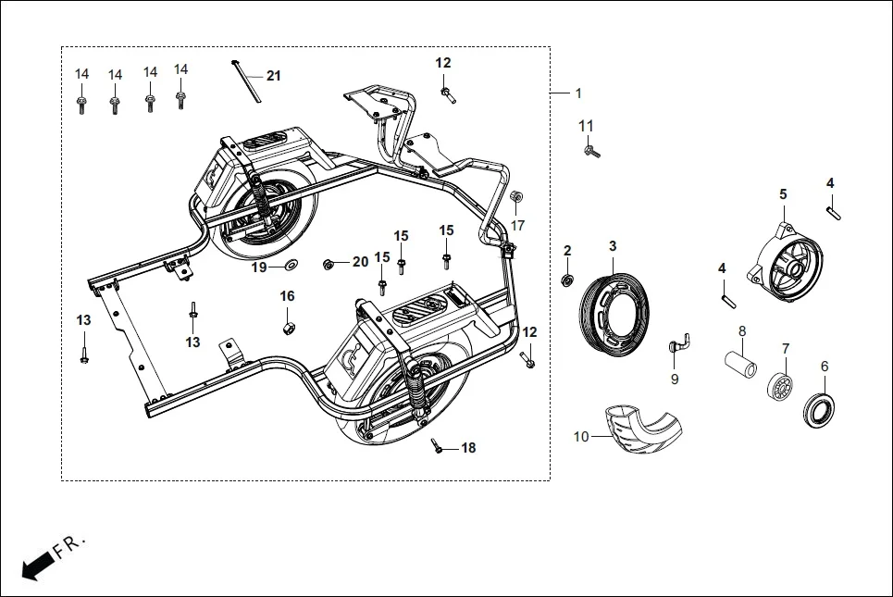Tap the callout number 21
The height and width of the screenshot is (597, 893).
tap(273, 76)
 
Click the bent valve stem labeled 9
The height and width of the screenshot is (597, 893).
tap(677, 345)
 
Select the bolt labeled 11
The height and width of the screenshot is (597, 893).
tap(590, 149)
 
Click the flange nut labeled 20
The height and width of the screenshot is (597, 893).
tap(329, 264)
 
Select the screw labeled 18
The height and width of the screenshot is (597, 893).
tap(438, 448)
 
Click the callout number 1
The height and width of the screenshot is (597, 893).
tap(578, 93)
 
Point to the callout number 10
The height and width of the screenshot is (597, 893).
tap(581, 436)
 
